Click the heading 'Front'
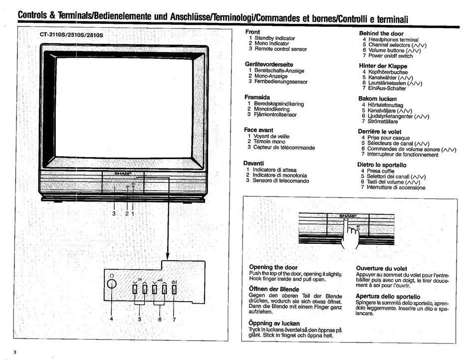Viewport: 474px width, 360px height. (253, 32)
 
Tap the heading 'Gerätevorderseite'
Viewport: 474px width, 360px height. (268, 64)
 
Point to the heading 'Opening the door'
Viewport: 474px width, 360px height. (273, 267)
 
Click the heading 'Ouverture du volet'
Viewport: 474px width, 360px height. (381, 268)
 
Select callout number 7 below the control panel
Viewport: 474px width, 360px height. (174, 320)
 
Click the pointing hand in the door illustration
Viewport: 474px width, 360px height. (351, 233)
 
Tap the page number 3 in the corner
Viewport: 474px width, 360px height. (15, 353)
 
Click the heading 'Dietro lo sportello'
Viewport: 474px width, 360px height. (382, 165)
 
